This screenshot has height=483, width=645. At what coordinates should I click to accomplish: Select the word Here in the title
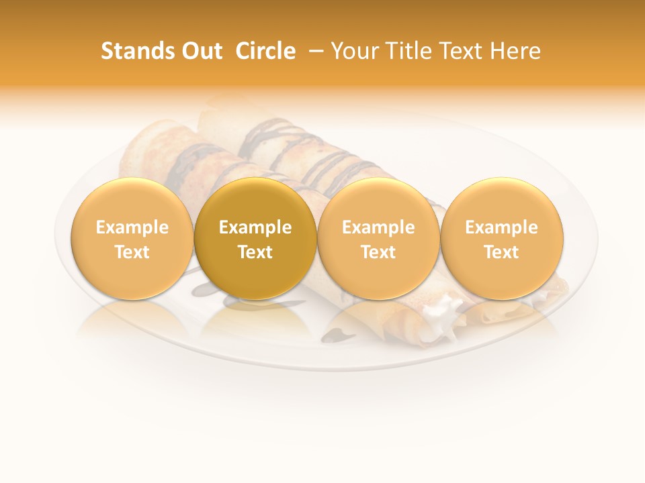[515, 51]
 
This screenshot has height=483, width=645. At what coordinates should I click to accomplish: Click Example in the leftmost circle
[132, 227]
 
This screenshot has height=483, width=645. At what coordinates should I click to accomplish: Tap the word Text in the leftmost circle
[132, 252]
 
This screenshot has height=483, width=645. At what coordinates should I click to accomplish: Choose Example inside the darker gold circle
[255, 227]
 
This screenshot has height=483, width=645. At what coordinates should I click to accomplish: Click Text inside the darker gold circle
[255, 252]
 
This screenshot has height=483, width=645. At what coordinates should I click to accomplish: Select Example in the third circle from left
[378, 227]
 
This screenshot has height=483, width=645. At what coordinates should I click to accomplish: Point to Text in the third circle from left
[378, 252]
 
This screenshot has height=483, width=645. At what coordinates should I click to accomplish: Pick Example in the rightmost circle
[501, 227]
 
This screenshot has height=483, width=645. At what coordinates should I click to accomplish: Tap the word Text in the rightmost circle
[501, 252]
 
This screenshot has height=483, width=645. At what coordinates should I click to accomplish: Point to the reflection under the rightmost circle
[501, 319]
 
